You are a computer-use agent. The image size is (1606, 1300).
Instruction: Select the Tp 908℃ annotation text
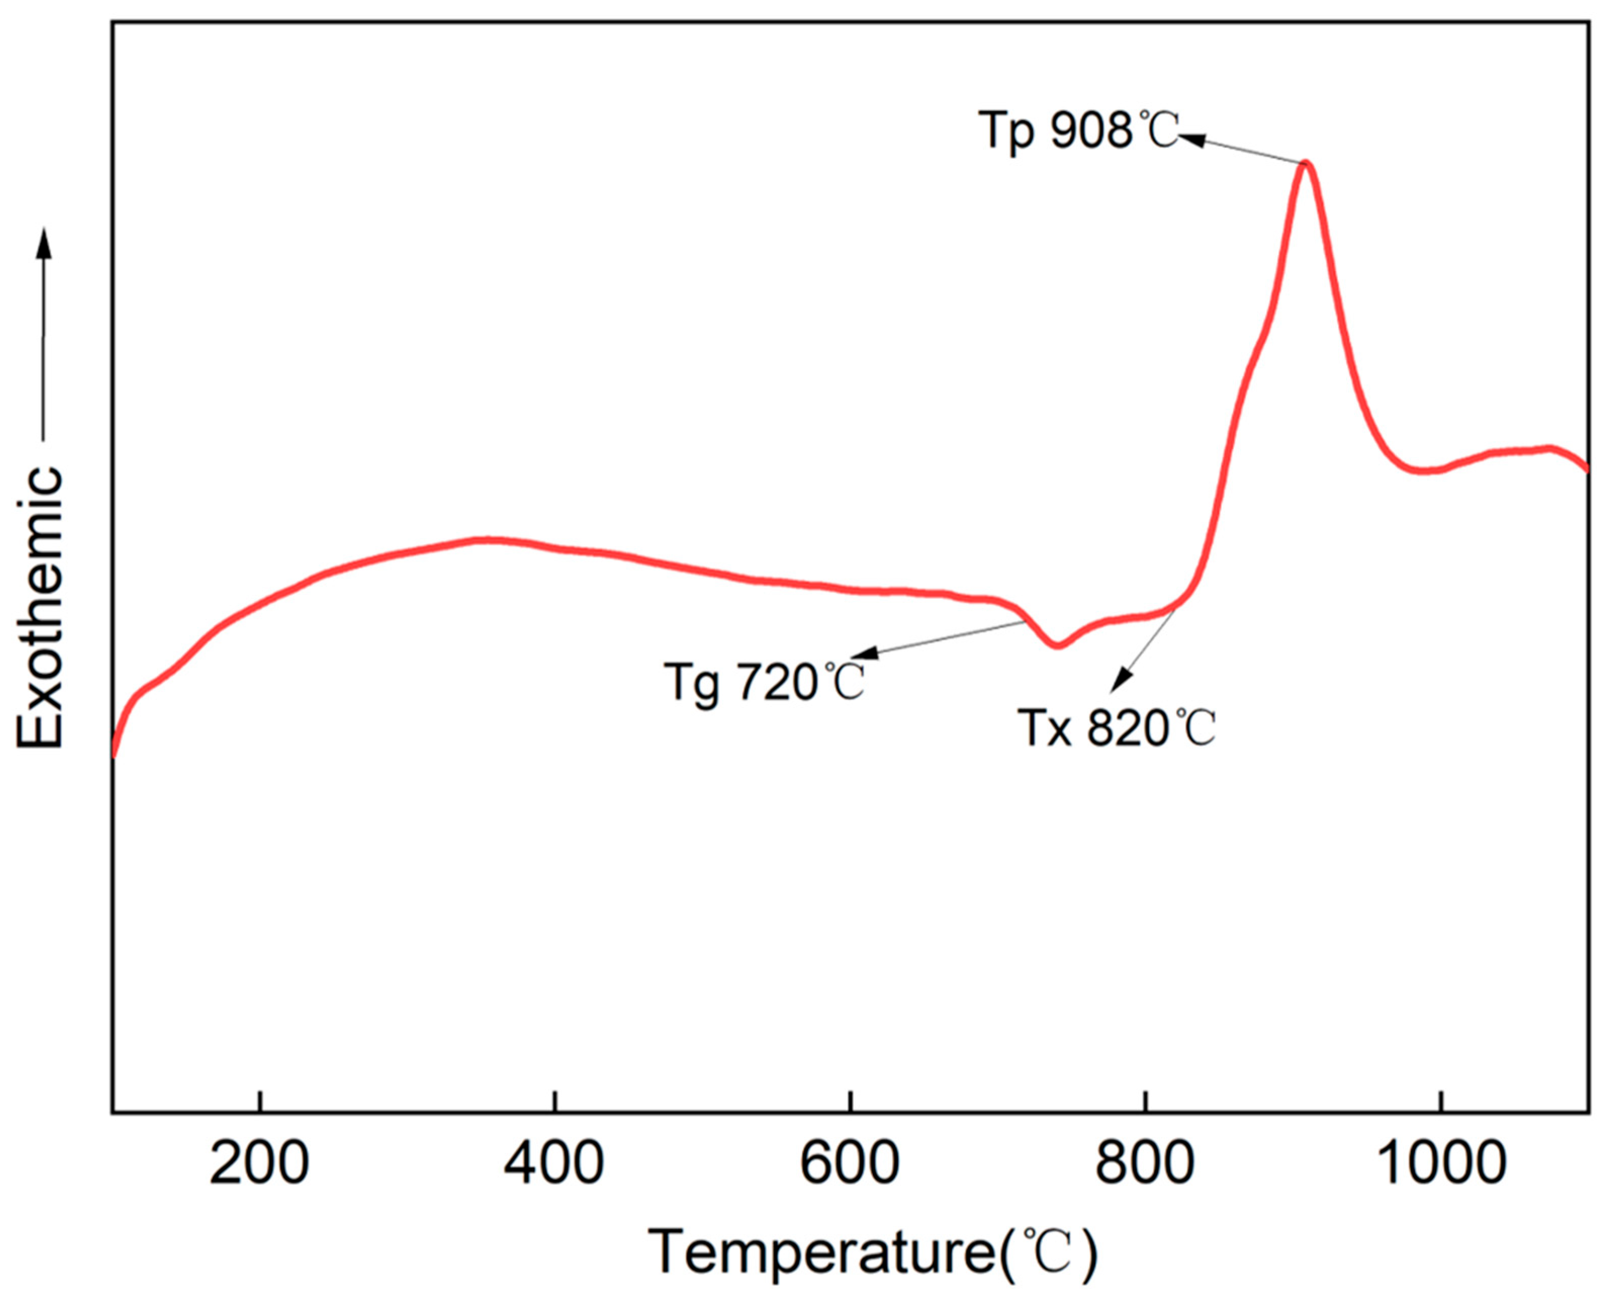(x=1078, y=132)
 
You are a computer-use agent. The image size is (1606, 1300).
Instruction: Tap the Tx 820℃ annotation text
(x=1116, y=728)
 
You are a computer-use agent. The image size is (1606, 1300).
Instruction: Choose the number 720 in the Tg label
(x=776, y=682)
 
